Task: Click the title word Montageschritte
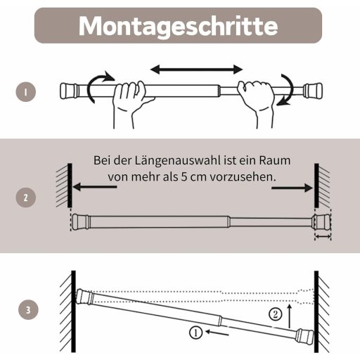178,26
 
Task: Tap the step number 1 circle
26,91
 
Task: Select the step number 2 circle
26,198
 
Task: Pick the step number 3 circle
28,310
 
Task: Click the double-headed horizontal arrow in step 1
196,70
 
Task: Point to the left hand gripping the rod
131,103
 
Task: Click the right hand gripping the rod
257,103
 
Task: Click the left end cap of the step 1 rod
68,91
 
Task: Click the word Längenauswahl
178,161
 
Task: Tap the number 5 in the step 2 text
184,177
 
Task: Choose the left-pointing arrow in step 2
95,187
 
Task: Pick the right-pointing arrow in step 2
292,188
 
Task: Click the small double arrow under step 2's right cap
323,237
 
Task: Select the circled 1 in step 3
195,333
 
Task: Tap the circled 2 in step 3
275,314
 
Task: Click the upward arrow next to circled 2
290,316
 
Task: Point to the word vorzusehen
243,177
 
